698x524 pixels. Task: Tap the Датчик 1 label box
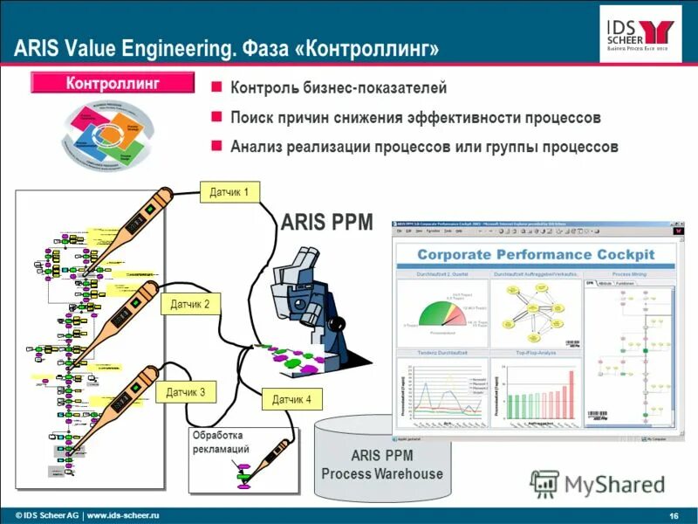229,192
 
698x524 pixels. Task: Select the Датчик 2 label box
189,305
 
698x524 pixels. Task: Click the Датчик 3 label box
186,393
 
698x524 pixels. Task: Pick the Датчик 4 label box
291,400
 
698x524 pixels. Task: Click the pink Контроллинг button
113,84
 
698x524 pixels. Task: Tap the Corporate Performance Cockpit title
535,254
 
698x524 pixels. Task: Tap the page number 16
674,513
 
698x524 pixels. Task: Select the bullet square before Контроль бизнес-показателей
217,88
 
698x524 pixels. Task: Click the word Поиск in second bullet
251,117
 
